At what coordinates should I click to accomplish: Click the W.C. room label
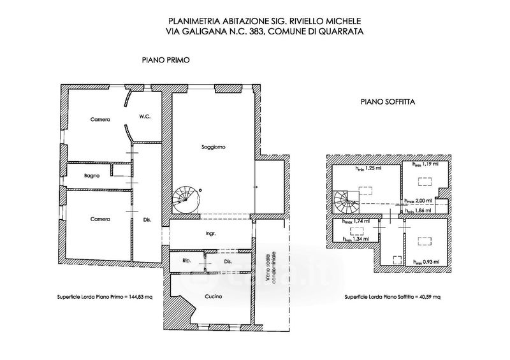click(x=144, y=116)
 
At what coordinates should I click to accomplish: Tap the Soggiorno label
click(x=213, y=147)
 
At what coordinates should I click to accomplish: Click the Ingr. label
click(x=210, y=234)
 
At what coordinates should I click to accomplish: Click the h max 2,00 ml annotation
click(x=418, y=200)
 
